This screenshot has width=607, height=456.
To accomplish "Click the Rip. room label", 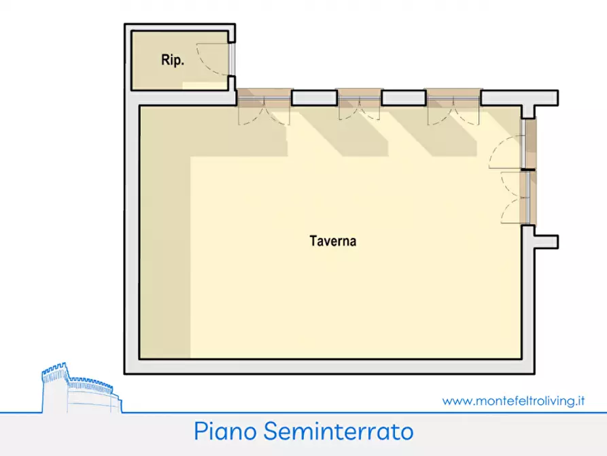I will point(172,60).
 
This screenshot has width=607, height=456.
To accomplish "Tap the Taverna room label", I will point(333,241).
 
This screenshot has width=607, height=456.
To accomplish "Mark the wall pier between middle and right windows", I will point(404,98).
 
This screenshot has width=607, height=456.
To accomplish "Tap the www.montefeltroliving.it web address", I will point(513,401).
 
